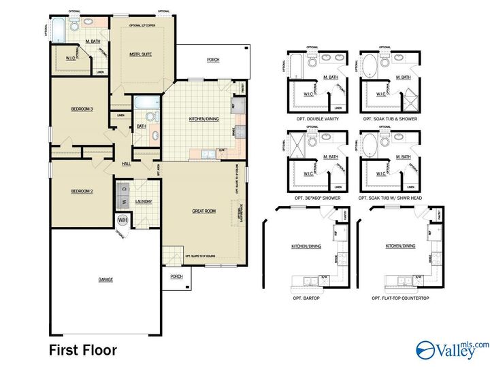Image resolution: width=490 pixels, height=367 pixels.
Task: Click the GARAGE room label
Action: point(105,279)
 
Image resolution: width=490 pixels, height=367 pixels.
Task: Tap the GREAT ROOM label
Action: point(204,211)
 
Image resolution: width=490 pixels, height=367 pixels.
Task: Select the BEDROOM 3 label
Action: point(82,109)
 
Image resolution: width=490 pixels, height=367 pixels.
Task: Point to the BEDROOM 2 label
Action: point(82,191)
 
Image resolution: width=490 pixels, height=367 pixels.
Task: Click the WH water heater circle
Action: point(123,220)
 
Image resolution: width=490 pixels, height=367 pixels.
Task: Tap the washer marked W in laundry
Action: point(124,202)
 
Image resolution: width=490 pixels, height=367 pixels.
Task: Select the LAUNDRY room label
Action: point(144,202)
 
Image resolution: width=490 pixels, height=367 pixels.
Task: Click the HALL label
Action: point(126,164)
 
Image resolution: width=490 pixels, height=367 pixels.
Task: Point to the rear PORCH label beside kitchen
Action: point(213,60)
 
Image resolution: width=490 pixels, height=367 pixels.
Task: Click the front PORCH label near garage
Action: point(176,277)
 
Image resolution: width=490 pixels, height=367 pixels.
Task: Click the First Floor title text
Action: point(82,351)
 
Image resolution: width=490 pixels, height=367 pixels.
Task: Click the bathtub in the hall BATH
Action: point(147,103)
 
